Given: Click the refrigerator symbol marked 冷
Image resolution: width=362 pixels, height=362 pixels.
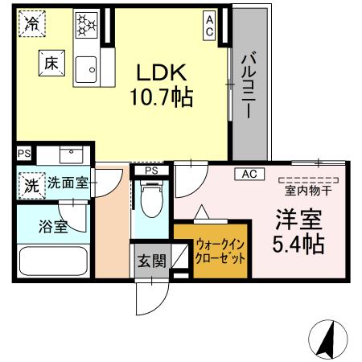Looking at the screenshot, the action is point(32,23).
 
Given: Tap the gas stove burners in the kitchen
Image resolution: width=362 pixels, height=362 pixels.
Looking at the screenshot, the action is point(86,25).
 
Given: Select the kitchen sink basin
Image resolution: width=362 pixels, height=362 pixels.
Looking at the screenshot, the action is point(86,70).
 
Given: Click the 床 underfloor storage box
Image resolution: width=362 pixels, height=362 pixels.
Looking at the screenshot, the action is point(51,63).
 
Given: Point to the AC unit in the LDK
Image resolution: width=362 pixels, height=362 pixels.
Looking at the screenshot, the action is point(209,26).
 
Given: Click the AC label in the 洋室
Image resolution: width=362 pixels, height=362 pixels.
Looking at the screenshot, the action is point(249,174).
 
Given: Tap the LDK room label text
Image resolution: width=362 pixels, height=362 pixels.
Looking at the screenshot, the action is point(162,72).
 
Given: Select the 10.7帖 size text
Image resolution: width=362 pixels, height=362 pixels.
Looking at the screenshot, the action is point(162,97).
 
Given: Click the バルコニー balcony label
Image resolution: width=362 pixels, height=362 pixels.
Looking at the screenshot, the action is point(249,84).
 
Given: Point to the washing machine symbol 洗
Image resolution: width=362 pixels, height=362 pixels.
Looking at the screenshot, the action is point(32,186).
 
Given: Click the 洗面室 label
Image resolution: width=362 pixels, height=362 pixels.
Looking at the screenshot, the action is point(68,183).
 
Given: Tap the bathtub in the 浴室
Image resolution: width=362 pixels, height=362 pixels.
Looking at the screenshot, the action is point(54,261).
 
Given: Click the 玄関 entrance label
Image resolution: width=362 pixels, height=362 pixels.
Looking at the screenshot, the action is point(152,261).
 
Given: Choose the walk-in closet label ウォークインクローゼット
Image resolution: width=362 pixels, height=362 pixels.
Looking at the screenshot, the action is point(220,252).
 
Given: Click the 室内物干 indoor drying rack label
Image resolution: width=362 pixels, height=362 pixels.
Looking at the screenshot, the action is point(308,191).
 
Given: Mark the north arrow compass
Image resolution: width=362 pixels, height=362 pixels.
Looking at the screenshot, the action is point(328,339).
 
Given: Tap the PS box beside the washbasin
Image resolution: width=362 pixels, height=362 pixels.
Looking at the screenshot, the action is point(24,154).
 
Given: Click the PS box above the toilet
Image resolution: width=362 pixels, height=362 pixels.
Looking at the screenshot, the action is point(151,171).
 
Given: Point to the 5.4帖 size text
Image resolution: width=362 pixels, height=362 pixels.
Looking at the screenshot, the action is point(298,245).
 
